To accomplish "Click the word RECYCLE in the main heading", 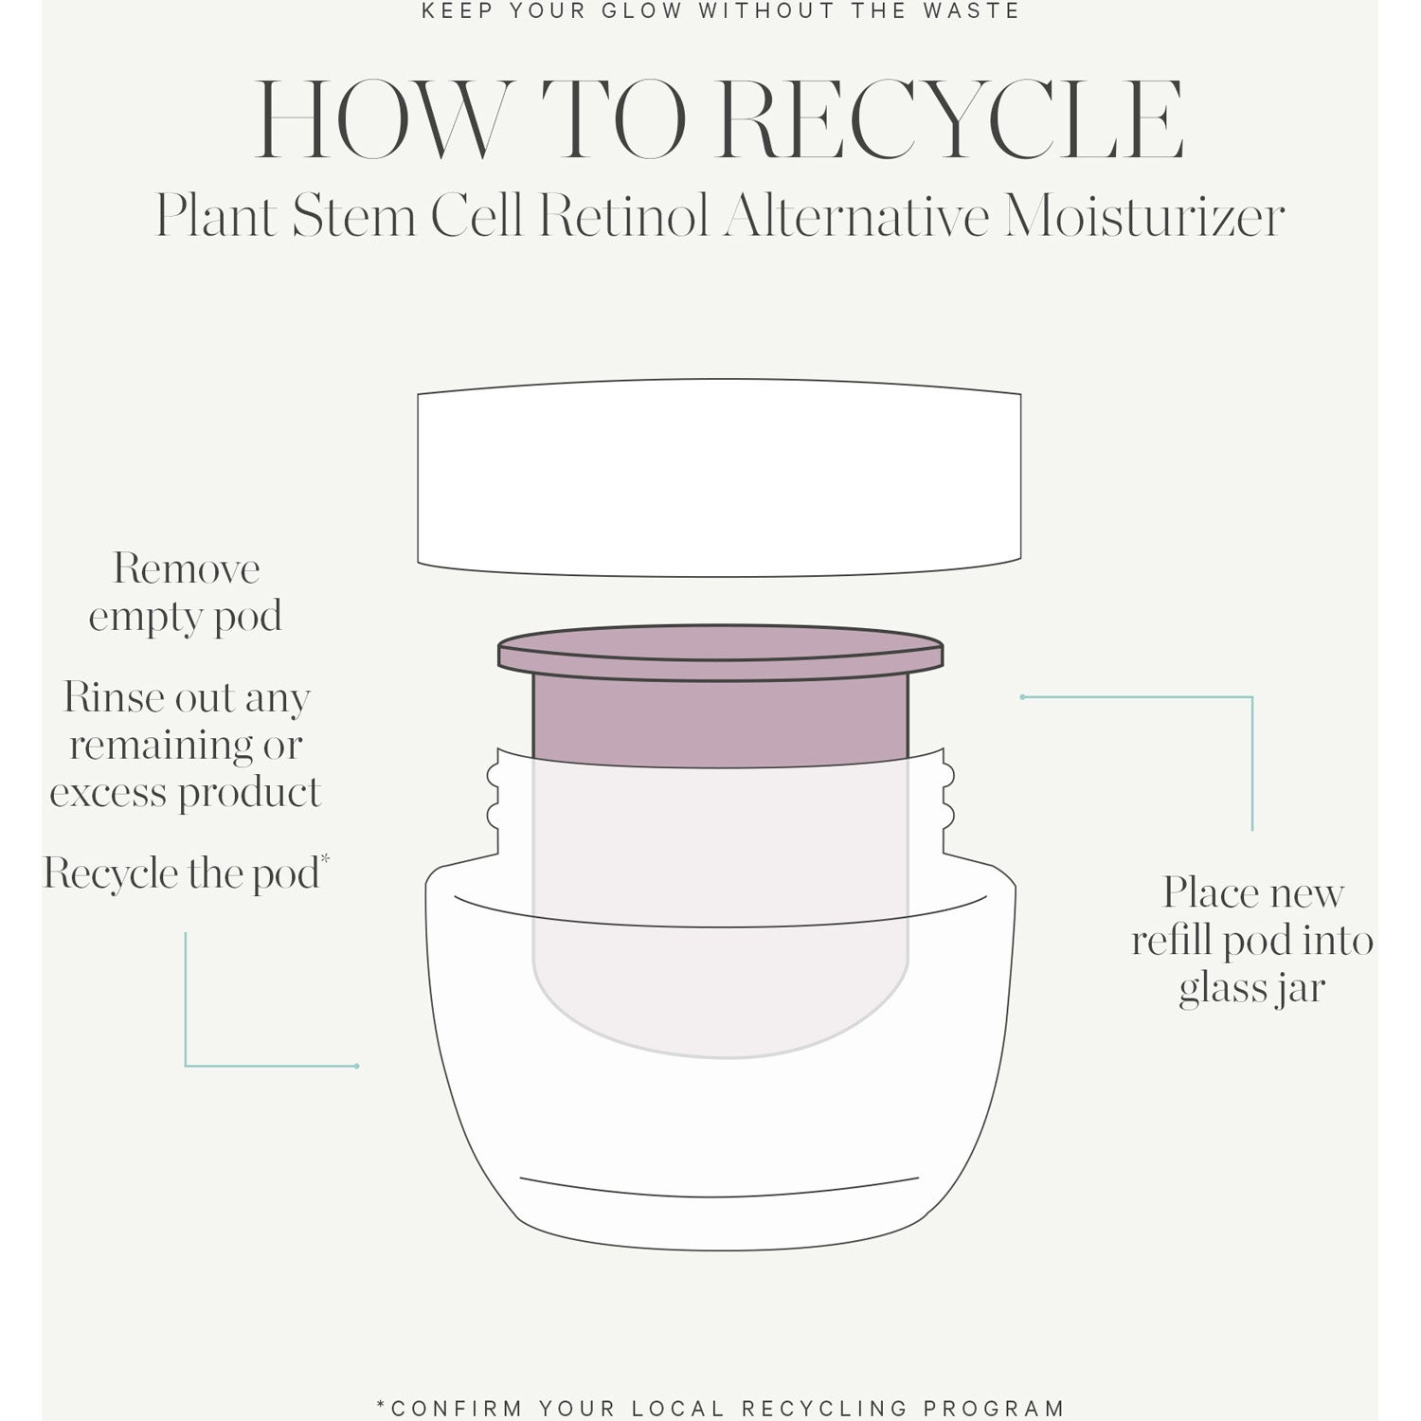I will point(950,121).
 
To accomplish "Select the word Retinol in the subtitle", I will point(623,217).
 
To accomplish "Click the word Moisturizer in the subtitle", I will point(1144,217).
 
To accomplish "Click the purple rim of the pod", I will point(720,652).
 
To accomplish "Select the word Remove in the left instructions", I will point(187,569).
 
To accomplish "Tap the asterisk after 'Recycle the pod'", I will point(325,858).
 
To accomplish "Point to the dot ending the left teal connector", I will point(356,1067).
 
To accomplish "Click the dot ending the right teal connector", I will point(1022,697).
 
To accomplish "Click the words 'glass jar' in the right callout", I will point(1250,988).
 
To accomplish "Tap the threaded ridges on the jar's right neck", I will point(947,796).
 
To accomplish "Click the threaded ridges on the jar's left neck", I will point(493,796).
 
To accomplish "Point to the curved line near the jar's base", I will point(720,1189).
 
